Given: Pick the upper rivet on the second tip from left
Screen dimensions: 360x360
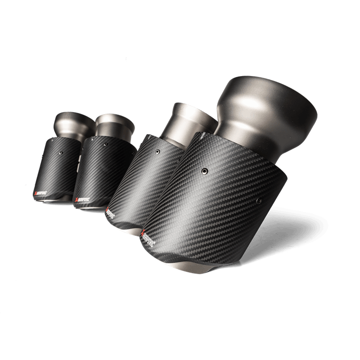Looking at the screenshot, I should (x=104, y=144).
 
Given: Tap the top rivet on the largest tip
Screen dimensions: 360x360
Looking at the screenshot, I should (x=205, y=171).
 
